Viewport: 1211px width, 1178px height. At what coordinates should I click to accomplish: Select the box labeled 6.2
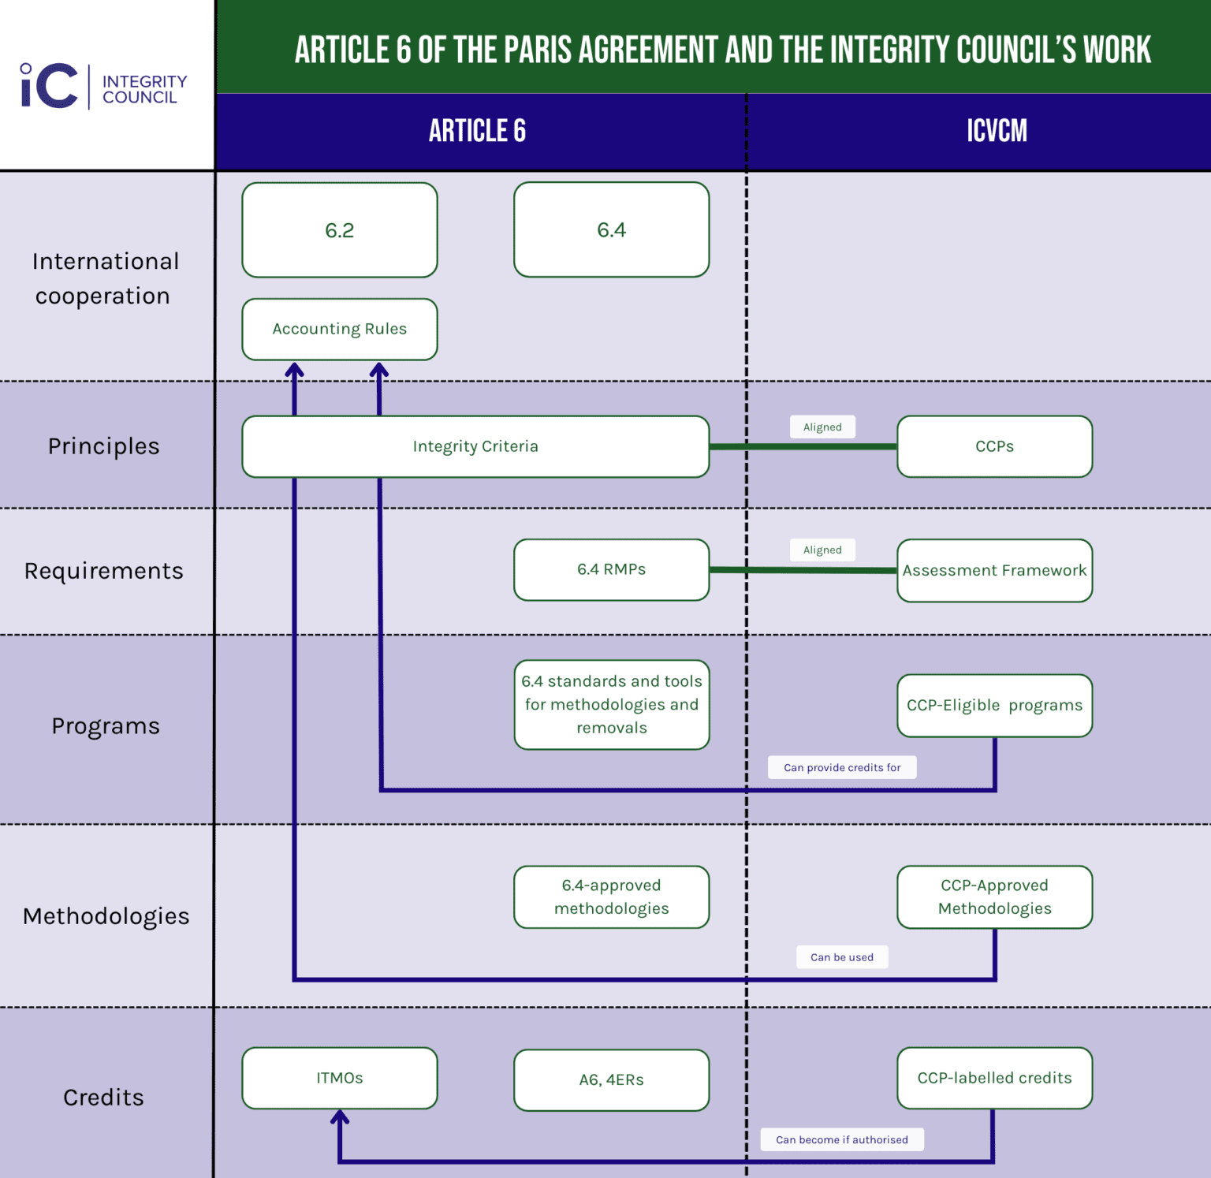340,230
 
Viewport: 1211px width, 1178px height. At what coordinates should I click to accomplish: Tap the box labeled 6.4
611,230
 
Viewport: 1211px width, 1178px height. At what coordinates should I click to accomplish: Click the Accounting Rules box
340,329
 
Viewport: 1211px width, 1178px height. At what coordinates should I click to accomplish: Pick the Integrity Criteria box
475,446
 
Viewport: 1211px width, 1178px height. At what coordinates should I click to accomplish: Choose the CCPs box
994,446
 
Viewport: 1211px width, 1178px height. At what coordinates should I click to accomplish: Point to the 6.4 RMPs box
611,569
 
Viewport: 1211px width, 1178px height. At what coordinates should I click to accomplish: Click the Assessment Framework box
994,570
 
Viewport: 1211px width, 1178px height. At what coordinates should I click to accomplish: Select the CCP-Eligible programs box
994,705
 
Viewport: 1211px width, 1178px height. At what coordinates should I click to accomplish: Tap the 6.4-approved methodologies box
611,897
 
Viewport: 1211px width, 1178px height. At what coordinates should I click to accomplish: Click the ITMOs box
340,1078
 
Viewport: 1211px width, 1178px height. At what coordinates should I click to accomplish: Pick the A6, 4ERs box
611,1079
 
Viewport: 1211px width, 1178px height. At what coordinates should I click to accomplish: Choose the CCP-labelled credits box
994,1078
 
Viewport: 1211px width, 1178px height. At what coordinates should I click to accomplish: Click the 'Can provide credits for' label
842,767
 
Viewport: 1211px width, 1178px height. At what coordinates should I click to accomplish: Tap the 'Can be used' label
842,957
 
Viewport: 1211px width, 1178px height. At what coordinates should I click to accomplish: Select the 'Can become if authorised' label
842,1139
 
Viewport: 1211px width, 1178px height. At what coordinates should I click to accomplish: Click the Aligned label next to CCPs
822,427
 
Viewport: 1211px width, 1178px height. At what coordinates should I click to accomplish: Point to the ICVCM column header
997,131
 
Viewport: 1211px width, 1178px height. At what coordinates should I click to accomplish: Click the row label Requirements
103,570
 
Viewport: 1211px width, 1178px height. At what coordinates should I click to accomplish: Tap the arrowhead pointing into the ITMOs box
340,1116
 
